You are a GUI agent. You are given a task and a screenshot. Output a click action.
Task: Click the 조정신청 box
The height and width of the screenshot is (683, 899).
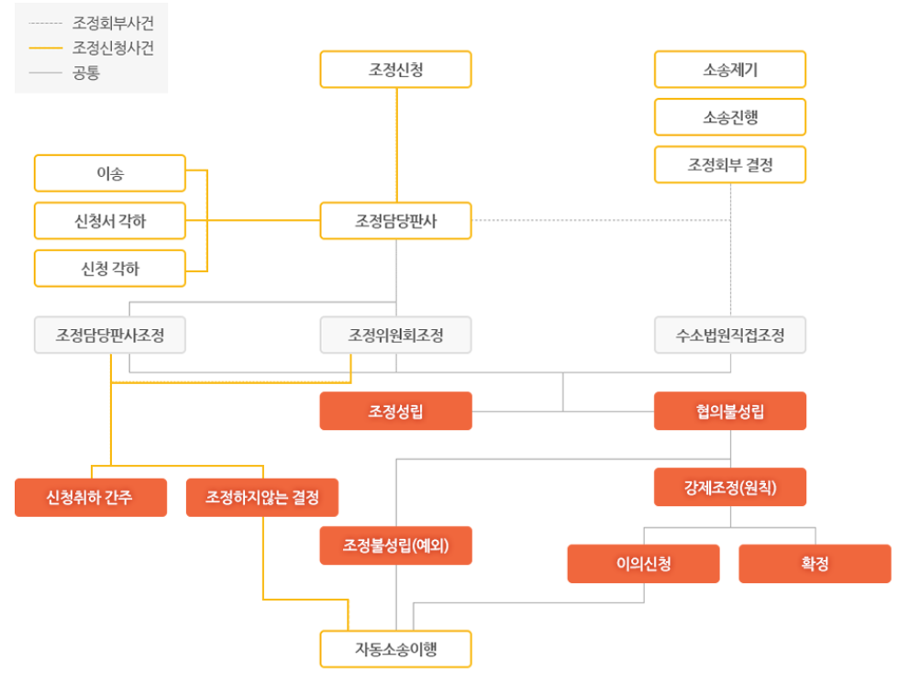395,70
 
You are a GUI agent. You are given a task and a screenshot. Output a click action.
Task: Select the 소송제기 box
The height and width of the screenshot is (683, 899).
730,70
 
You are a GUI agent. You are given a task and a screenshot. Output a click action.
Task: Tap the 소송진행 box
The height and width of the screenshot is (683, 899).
730,117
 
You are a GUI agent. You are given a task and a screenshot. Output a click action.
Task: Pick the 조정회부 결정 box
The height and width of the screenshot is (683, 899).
730,164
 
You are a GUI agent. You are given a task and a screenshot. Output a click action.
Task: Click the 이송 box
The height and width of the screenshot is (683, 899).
110,173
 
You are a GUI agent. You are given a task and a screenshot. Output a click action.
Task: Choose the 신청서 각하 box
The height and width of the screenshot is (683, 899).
110,221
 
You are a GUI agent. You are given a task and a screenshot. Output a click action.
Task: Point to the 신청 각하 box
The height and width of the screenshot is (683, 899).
110,268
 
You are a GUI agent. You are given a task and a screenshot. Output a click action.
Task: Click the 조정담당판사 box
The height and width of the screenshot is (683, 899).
395,221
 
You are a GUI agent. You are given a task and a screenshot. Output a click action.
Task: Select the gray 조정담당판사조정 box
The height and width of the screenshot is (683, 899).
110,335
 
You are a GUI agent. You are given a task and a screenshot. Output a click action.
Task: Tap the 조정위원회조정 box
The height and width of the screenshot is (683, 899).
395,335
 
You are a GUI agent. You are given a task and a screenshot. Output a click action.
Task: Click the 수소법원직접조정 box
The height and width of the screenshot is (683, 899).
730,335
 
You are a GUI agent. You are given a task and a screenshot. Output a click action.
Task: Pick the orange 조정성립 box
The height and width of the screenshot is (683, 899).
395,411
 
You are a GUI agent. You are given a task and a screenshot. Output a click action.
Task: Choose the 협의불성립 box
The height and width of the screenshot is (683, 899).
730,411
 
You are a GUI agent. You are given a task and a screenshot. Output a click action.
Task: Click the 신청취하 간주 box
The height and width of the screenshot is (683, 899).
91,497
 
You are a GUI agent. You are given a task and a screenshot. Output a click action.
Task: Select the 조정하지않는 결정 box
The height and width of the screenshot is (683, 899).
262,497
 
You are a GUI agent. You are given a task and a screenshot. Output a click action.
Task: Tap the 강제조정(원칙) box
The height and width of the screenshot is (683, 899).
730,487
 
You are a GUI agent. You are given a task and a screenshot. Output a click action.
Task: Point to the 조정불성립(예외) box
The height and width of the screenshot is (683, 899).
395,545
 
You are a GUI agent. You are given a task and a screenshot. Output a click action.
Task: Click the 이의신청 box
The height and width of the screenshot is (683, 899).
643,564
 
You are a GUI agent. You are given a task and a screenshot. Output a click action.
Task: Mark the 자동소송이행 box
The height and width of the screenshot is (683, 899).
395,649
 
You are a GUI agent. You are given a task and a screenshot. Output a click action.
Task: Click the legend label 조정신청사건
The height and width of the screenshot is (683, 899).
113,48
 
